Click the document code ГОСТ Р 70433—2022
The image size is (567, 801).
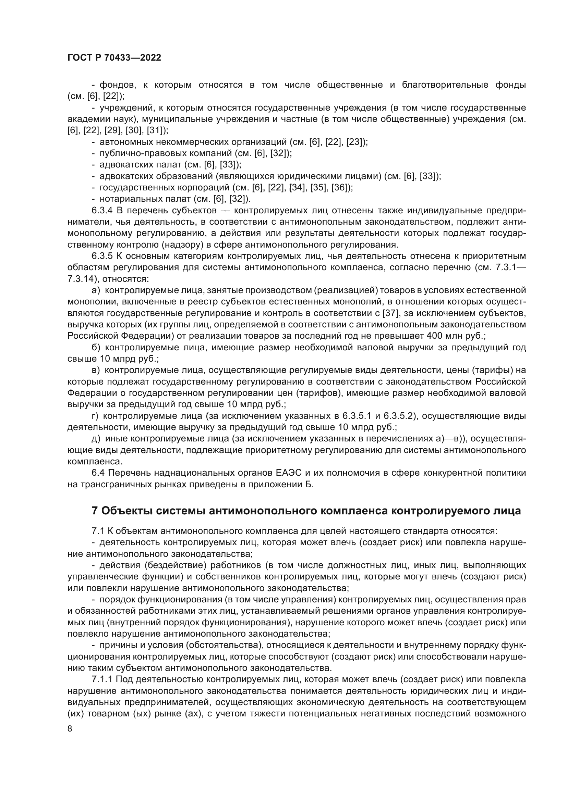click(x=114, y=58)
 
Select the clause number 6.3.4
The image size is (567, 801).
click(x=102, y=211)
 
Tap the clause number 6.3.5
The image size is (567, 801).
click(x=102, y=256)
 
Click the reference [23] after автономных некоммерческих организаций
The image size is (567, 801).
click(x=354, y=142)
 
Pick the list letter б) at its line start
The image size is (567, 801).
click(x=96, y=348)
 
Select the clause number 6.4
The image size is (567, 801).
click(x=98, y=473)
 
